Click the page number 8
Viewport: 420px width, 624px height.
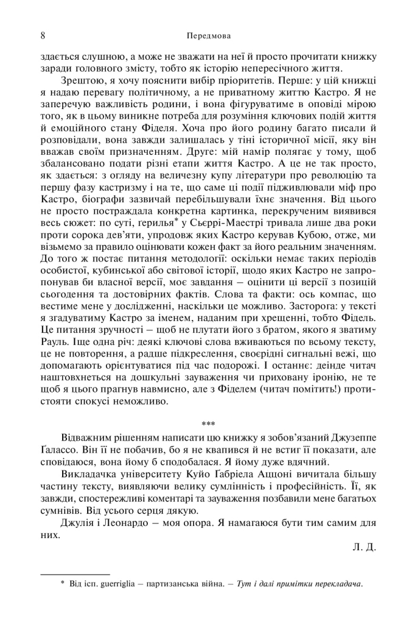pos(43,35)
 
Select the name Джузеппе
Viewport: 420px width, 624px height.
pos(355,438)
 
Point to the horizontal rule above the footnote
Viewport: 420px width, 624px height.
pos(75,574)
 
